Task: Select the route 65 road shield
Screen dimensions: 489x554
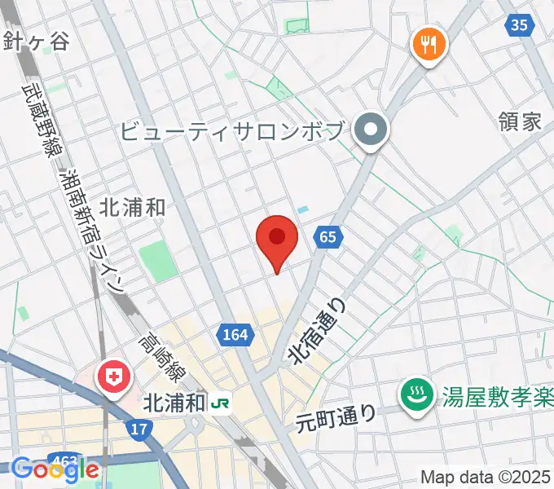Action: pos(328,237)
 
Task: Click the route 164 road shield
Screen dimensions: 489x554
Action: pos(233,334)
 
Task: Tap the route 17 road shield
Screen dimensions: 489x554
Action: pos(138,428)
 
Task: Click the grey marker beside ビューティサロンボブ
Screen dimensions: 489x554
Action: pos(372,130)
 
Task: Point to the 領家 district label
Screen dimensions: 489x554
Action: pos(519,122)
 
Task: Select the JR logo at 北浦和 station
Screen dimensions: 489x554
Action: pos(220,403)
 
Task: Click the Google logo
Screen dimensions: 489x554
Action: pos(55,469)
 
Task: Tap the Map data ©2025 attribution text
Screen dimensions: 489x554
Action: pos(486,478)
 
